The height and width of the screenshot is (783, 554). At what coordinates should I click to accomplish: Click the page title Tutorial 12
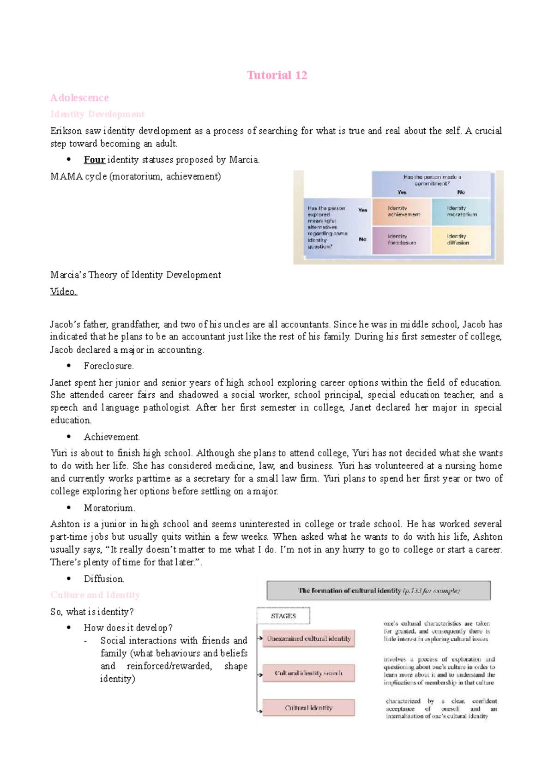277,75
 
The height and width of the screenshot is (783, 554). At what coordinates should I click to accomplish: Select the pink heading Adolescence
79,98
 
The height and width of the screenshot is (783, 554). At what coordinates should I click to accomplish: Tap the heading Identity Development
97,114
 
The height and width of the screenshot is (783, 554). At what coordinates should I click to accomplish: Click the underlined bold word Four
94,160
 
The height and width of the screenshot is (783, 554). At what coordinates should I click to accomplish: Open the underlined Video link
63,291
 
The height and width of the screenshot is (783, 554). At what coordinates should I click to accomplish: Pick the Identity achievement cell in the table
403,211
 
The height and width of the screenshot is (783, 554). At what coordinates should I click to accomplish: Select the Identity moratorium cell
461,211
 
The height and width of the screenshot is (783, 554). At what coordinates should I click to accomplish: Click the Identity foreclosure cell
402,239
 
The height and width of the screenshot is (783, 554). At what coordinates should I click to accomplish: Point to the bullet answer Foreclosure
108,366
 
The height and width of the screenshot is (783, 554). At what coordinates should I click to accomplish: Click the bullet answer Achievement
112,437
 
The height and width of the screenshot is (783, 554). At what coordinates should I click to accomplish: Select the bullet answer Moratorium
109,508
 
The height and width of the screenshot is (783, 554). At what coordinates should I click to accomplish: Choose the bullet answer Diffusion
104,579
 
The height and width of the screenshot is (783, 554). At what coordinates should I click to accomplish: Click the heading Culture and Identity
95,595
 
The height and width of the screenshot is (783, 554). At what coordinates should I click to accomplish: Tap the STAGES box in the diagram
283,616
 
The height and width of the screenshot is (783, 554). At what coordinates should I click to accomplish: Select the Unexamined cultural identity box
309,638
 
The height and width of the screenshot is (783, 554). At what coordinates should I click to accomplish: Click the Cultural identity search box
309,673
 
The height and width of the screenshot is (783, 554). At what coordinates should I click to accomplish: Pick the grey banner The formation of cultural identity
379,590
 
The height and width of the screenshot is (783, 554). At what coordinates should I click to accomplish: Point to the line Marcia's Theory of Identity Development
136,275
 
